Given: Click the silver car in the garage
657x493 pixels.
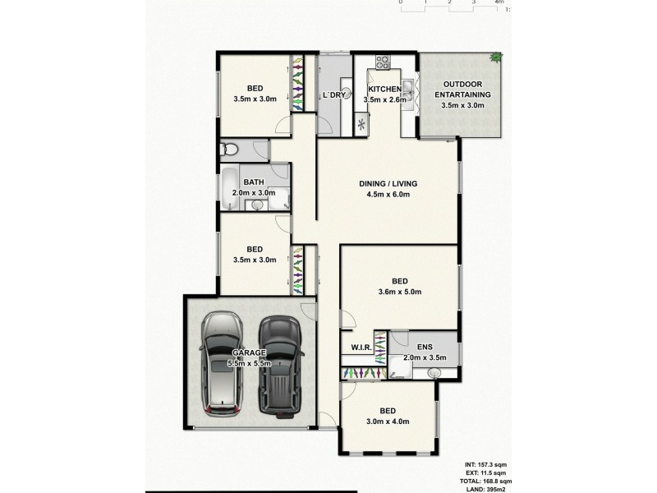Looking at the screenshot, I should [221, 362].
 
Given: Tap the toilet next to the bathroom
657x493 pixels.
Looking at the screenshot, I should [231, 150].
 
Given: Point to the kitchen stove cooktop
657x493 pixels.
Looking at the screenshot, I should [383, 61].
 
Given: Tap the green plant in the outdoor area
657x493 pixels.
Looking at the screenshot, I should [496, 57].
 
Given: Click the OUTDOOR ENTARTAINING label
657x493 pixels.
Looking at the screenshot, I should [462, 90].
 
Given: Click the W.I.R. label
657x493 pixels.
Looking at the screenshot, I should [362, 348].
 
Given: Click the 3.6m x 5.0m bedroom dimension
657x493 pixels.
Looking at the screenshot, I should [399, 291].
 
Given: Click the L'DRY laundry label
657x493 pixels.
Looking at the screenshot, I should [334, 95].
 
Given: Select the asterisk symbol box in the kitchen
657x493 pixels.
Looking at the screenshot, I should [363, 125].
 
